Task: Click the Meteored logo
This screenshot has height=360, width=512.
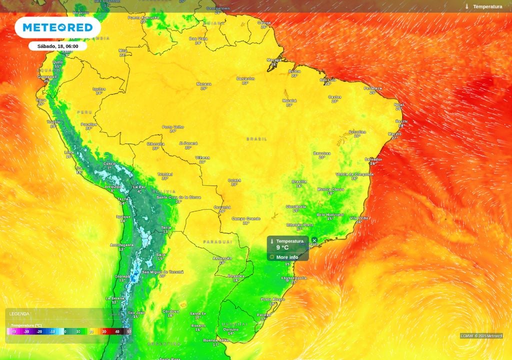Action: click(x=57, y=27)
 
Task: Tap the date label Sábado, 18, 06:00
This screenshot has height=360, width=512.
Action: click(x=57, y=46)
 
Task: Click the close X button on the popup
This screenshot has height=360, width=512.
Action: click(x=314, y=240)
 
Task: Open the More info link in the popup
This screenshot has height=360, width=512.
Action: click(x=287, y=257)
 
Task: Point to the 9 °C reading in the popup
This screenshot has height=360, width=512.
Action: click(x=282, y=247)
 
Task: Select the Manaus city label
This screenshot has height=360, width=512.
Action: click(x=203, y=84)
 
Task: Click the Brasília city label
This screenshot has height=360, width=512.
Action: click(x=299, y=181)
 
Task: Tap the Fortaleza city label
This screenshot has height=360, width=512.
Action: click(x=372, y=88)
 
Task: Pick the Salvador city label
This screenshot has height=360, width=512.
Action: click(x=373, y=159)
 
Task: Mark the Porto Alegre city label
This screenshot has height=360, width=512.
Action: click(x=272, y=299)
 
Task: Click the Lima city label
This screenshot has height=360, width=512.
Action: click(x=69, y=152)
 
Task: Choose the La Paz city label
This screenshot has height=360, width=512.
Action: click(x=139, y=187)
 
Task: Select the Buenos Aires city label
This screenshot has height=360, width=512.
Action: click(x=216, y=340)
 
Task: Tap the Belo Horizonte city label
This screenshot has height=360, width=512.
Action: click(x=330, y=214)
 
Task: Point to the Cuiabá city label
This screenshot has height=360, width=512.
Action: click(x=234, y=180)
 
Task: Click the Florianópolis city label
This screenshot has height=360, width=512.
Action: click(x=293, y=277)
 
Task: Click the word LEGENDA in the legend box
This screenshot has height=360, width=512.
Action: click(x=19, y=314)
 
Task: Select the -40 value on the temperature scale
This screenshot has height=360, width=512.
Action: click(x=13, y=331)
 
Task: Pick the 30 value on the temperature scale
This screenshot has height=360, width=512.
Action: click(x=103, y=331)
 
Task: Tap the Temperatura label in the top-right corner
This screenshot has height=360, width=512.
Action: click(x=487, y=6)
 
